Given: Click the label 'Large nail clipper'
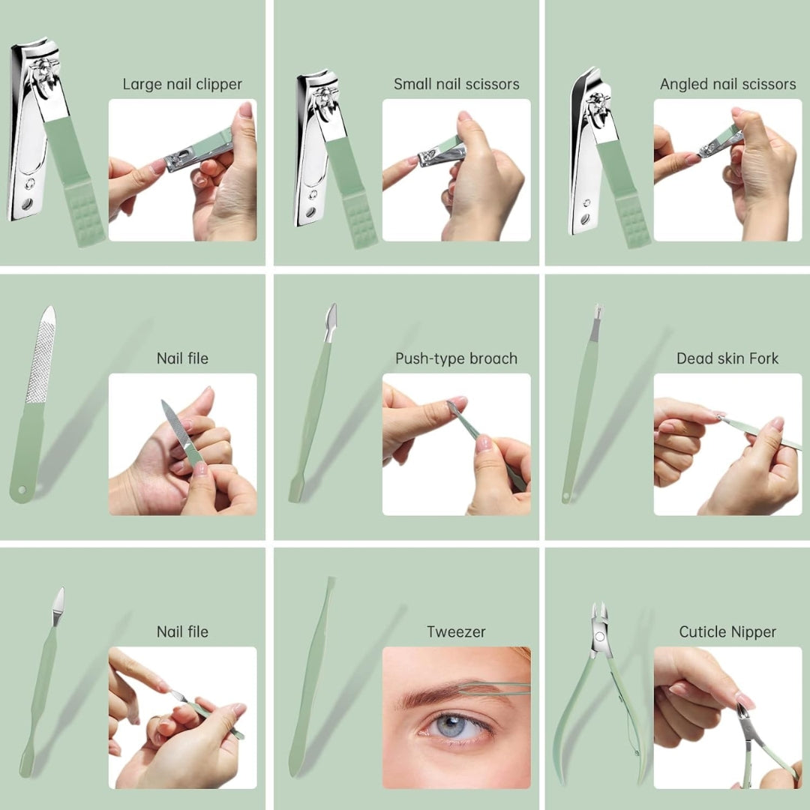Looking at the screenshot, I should coord(182,85).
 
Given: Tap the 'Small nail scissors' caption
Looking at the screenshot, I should coord(456,85).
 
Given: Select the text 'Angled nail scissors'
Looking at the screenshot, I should coord(727,85).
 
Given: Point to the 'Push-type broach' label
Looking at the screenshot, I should coord(456,358).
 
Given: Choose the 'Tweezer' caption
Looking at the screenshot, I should coord(456,632).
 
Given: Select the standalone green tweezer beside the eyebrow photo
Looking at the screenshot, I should coord(311,675).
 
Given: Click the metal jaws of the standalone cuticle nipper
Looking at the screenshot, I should coord(598,622).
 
